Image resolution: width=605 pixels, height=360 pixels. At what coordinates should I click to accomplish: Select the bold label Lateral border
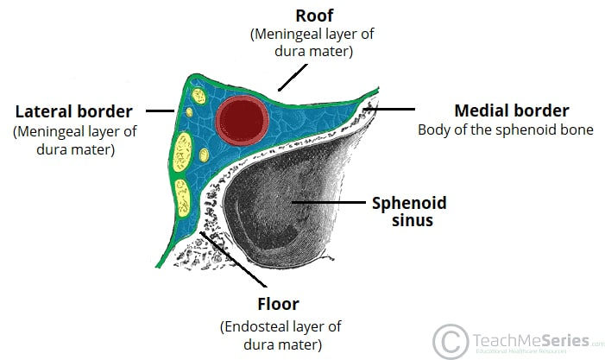(x=73, y=111)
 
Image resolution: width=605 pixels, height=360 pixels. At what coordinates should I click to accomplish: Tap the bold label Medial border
(x=511, y=111)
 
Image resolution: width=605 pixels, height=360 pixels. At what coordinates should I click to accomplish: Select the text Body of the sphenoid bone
(x=506, y=130)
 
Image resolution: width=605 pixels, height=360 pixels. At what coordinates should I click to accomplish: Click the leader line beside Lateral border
(x=160, y=111)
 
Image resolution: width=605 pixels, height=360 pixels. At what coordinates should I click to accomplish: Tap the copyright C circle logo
(x=451, y=340)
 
